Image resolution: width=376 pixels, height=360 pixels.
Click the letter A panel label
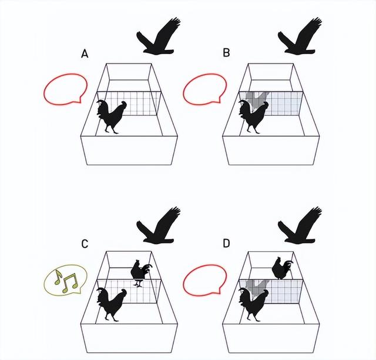pyautogui.click(x=85, y=54)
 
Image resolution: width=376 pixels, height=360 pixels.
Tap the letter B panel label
pyautogui.click(x=226, y=52)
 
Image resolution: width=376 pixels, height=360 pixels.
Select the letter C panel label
pyautogui.click(x=85, y=244)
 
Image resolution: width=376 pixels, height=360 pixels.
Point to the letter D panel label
pyautogui.click(x=226, y=244)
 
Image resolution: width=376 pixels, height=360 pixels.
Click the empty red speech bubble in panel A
pyautogui.click(x=65, y=89)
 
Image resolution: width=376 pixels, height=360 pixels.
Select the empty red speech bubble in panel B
pyautogui.click(x=205, y=89)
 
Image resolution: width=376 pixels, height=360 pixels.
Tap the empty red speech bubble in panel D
pyautogui.click(x=205, y=280)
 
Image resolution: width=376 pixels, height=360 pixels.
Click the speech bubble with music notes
pyautogui.click(x=65, y=280)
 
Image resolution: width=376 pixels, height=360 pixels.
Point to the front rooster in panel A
pyautogui.click(x=111, y=116)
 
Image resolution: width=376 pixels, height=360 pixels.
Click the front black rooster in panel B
pyautogui.click(x=253, y=117)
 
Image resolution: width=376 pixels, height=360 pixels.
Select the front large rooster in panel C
pyautogui.click(x=111, y=305)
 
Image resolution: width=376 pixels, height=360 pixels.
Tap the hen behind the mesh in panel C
pyautogui.click(x=140, y=272)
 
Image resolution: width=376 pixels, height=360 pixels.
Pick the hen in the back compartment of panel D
pyautogui.click(x=282, y=268)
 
